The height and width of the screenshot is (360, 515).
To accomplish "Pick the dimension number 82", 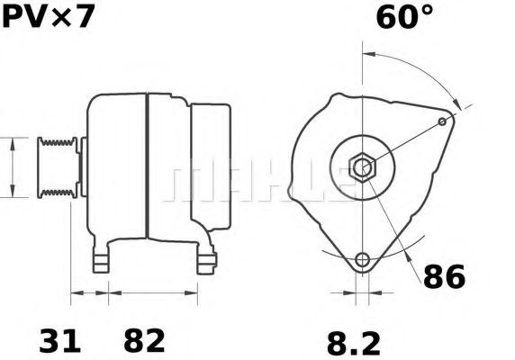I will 143,340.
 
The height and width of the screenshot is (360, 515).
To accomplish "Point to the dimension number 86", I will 444,277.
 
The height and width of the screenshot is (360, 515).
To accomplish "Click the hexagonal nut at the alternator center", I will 363,166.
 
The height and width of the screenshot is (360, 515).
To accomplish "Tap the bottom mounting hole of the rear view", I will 363,260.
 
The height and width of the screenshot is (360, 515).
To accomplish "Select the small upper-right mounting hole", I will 442,121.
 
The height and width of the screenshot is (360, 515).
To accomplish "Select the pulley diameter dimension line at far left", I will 12,166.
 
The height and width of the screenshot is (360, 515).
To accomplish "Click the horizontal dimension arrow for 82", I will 153,292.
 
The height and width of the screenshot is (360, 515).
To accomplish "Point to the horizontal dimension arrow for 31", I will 90,292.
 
